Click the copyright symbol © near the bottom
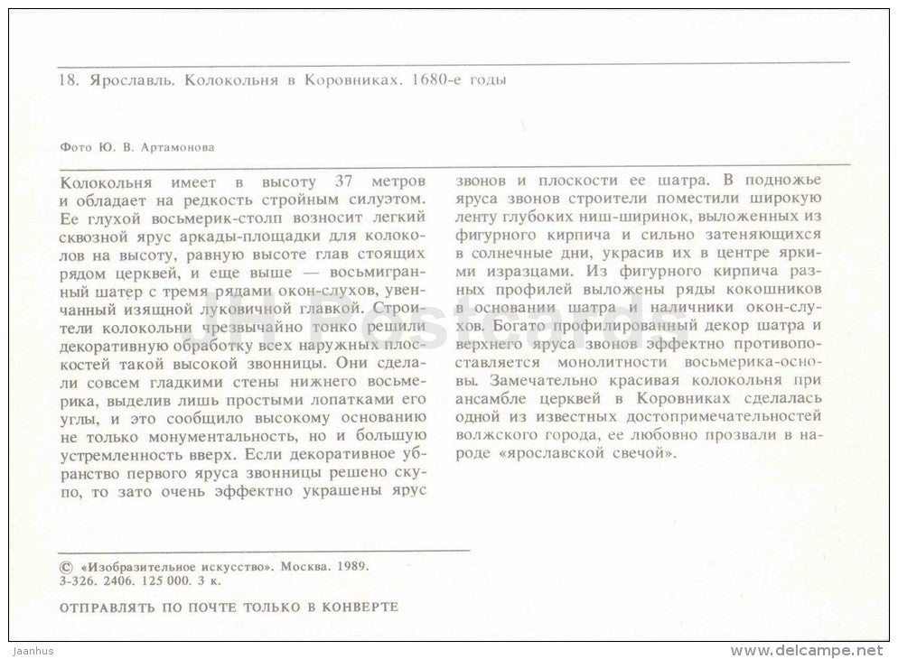(x=63, y=563)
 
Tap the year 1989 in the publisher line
(x=353, y=563)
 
